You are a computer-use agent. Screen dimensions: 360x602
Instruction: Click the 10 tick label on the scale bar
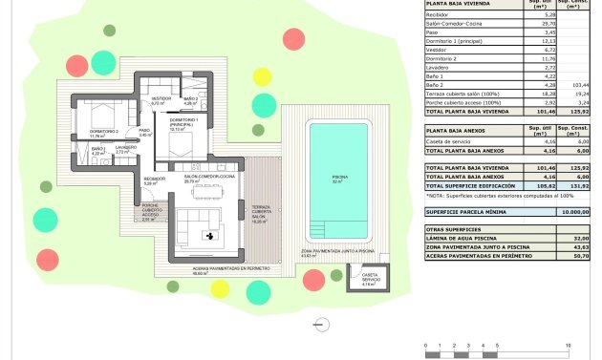coord(568,345)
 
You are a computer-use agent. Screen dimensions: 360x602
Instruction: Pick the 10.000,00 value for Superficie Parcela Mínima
coord(573,212)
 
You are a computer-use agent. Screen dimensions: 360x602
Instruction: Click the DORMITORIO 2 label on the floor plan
coord(104,132)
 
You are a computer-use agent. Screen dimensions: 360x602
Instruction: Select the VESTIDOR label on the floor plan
coord(161,99)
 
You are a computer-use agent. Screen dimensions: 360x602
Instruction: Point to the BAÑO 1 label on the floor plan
coord(97,150)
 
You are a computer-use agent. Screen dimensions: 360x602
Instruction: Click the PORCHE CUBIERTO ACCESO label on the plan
coord(150,210)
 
